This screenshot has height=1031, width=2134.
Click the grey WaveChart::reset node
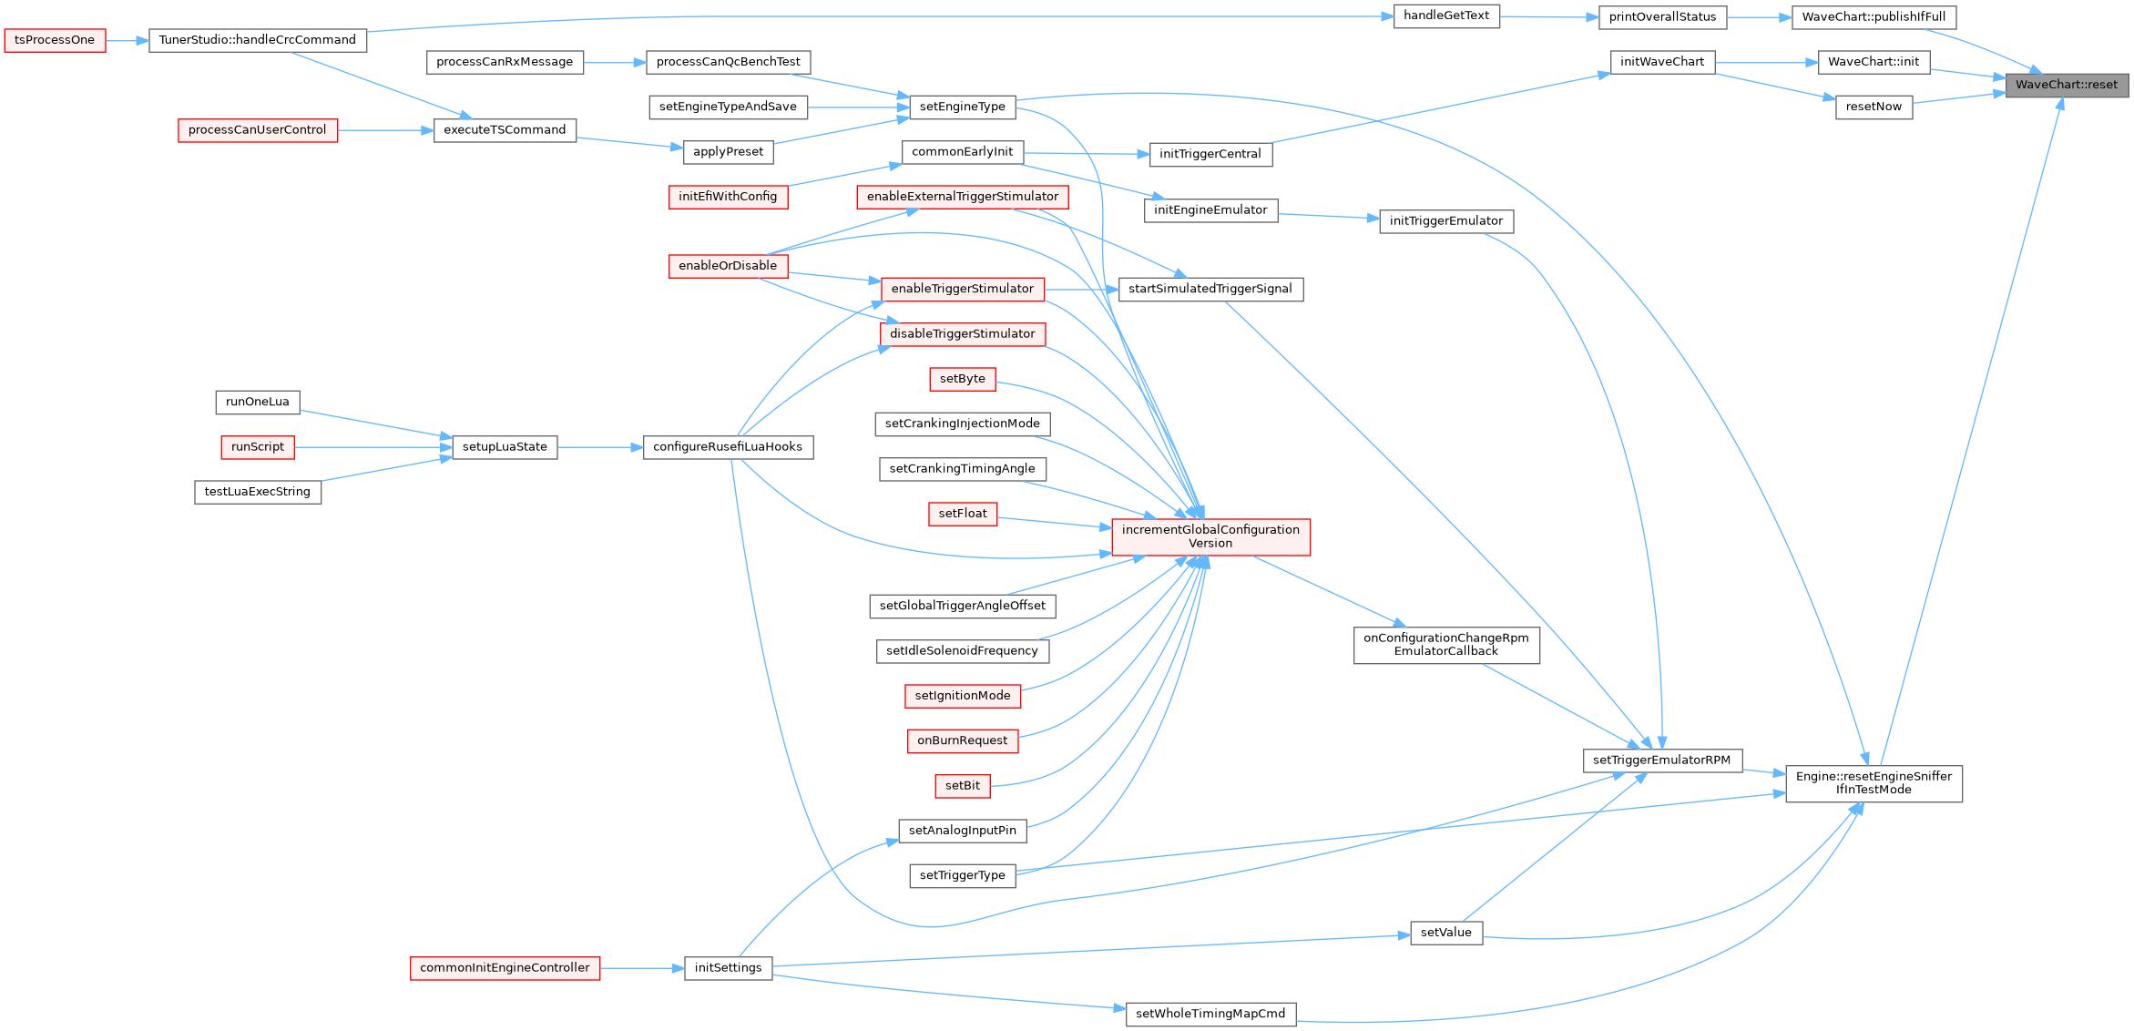(x=2066, y=85)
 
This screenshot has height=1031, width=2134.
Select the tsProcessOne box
(x=55, y=40)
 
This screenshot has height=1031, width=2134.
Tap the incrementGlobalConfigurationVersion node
(x=1210, y=536)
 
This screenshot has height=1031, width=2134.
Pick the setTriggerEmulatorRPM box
(x=1661, y=760)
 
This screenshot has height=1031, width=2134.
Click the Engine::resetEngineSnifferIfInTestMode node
(x=1874, y=783)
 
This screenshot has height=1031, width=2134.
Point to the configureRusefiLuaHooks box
(x=728, y=447)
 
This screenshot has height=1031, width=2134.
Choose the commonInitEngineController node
(x=505, y=968)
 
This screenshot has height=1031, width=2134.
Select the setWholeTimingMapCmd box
(x=1210, y=1014)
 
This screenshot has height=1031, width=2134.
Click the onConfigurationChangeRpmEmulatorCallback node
(x=1445, y=645)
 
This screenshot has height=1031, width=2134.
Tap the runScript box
(x=258, y=447)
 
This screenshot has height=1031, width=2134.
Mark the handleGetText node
(x=1445, y=15)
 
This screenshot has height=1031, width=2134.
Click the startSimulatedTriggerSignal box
(x=1210, y=289)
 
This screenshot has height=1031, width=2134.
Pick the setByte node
(x=962, y=379)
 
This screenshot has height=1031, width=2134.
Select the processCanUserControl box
(x=257, y=130)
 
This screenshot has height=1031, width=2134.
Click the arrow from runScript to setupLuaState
(x=373, y=447)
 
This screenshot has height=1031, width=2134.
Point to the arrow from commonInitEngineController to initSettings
(x=642, y=968)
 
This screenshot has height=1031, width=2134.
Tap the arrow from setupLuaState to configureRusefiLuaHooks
(x=600, y=447)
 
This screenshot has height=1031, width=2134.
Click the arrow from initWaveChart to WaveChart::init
(x=1766, y=63)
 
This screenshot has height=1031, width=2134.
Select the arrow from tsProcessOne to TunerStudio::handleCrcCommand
(x=128, y=40)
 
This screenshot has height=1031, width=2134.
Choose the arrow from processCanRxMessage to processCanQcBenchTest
(x=615, y=62)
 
